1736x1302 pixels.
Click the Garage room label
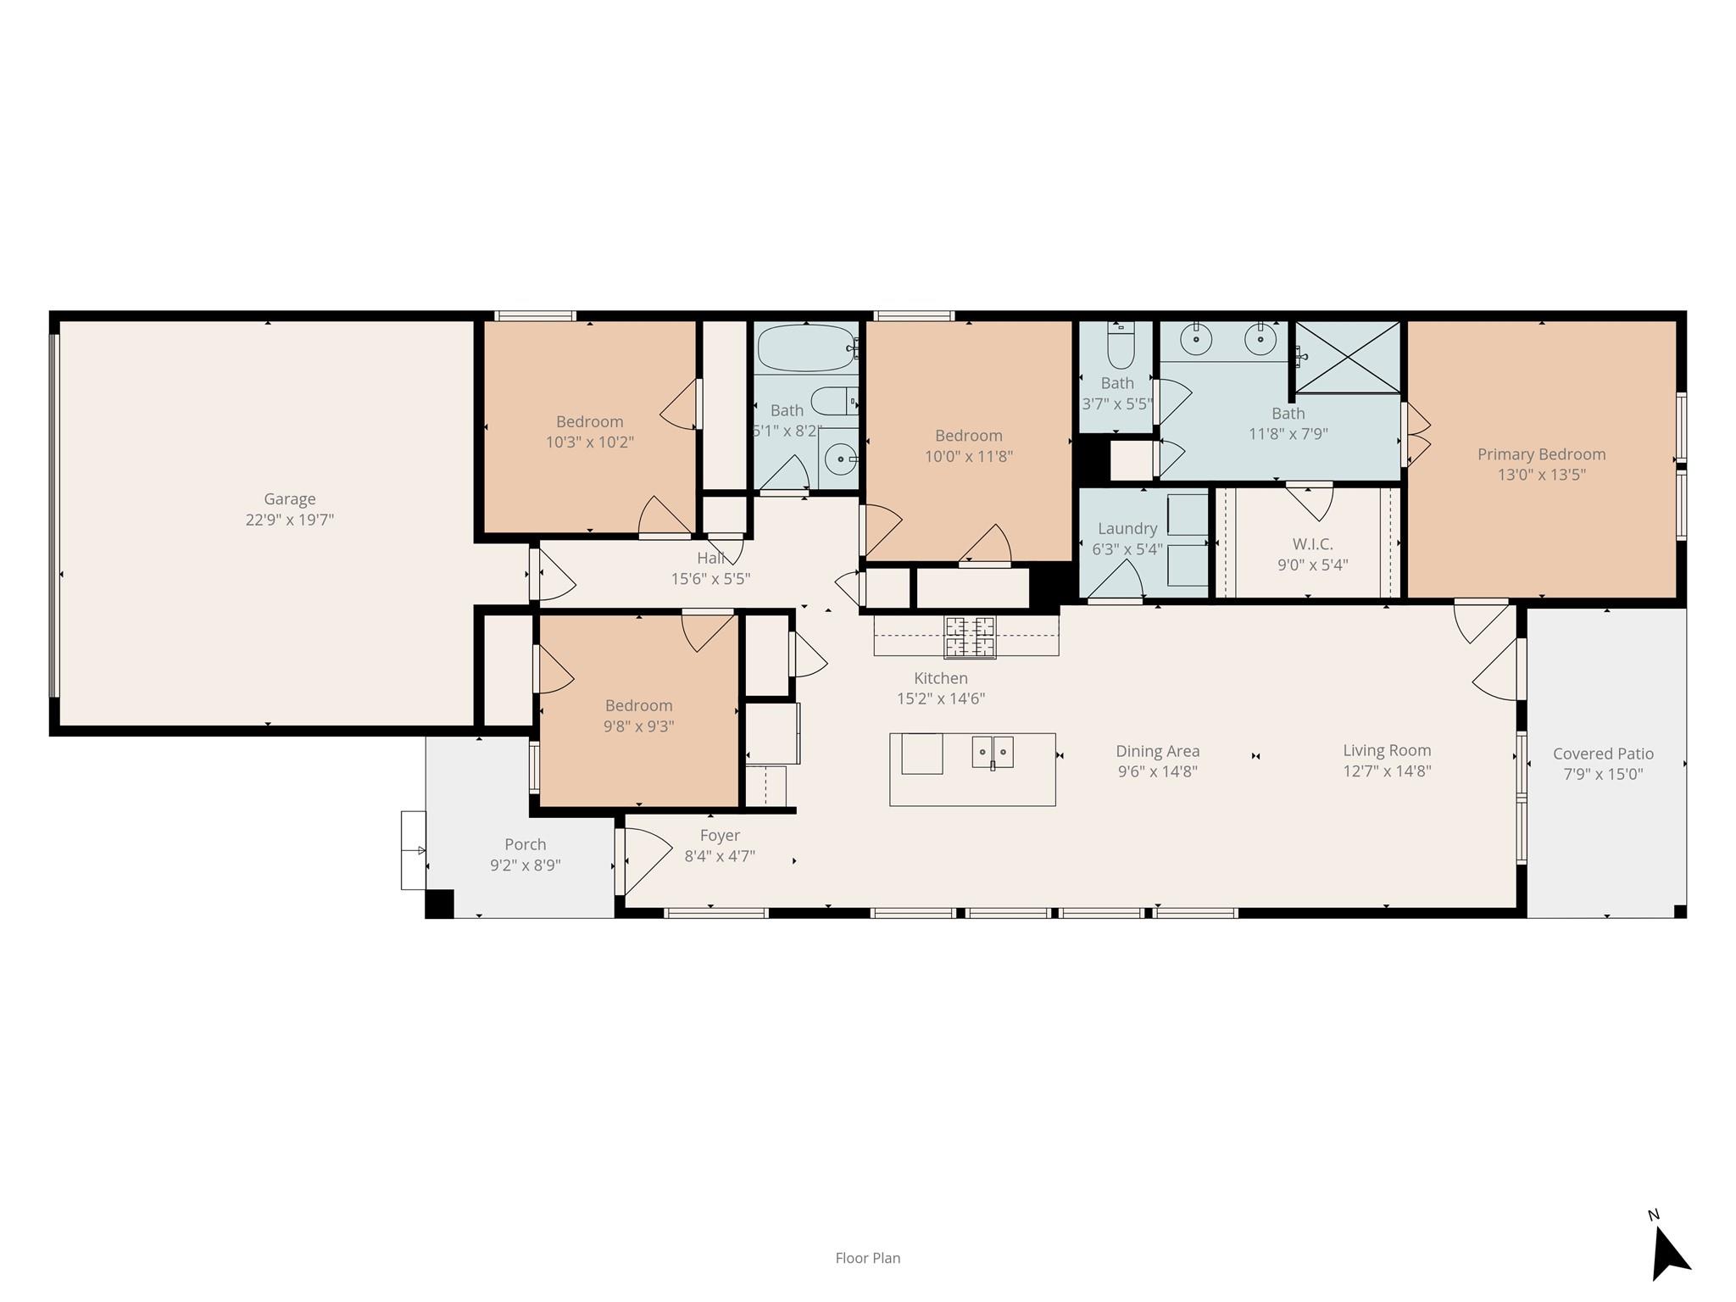[289, 499]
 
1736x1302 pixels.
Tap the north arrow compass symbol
[1669, 1256]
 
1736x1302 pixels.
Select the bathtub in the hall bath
[806, 348]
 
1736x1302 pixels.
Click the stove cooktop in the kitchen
[971, 637]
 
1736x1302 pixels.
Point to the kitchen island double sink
[993, 752]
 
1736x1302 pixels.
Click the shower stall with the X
[1348, 357]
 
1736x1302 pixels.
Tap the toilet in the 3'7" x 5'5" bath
[1120, 348]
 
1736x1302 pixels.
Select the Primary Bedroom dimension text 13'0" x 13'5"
[1541, 475]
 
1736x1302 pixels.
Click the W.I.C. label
[1312, 544]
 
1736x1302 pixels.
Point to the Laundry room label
[1127, 528]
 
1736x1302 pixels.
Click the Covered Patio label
[1603, 754]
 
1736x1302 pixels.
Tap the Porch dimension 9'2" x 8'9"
[525, 865]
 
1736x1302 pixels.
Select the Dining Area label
[1157, 751]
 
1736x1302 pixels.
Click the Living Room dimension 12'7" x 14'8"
[1387, 771]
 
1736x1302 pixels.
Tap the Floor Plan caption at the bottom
[867, 1258]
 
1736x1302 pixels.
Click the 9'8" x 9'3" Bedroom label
[638, 705]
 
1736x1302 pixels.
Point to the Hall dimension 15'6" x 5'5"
[710, 579]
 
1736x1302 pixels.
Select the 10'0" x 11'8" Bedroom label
[968, 436]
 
